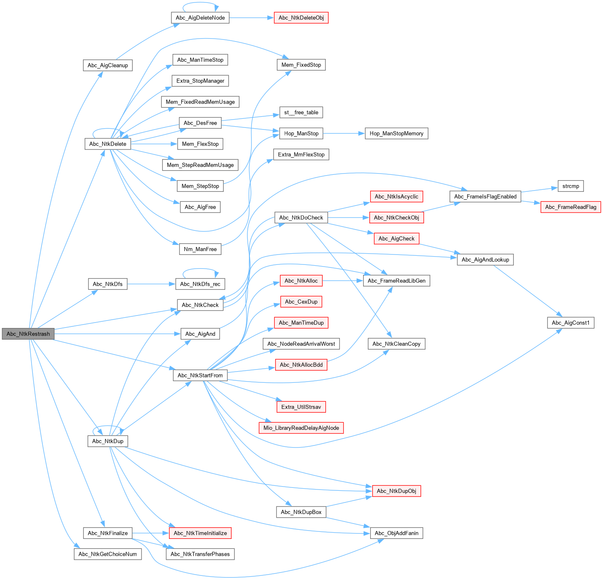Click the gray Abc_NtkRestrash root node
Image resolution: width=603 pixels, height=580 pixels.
pyautogui.click(x=28, y=334)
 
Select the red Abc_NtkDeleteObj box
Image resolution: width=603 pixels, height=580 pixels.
pyautogui.click(x=301, y=18)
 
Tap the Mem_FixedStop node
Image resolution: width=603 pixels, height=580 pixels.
pyautogui.click(x=301, y=65)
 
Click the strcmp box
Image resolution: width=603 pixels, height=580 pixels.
pyautogui.click(x=571, y=186)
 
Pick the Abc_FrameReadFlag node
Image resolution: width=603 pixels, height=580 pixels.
pyautogui.click(x=571, y=207)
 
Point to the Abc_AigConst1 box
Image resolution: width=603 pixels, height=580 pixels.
pyautogui.click(x=571, y=323)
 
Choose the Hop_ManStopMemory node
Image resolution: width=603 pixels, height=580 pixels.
pyautogui.click(x=396, y=133)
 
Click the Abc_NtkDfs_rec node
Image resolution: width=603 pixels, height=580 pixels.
pyautogui.click(x=200, y=284)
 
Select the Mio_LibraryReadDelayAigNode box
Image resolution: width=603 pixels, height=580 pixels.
pyautogui.click(x=301, y=428)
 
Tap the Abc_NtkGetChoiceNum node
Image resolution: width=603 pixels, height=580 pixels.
pyautogui.click(x=107, y=554)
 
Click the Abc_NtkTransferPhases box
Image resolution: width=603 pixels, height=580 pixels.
pyautogui.click(x=200, y=554)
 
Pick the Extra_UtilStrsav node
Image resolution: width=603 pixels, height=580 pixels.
pyautogui.click(x=301, y=407)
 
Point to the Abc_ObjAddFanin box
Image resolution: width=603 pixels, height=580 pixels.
pyautogui.click(x=396, y=533)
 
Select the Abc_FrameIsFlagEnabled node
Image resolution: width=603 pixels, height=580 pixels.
pyautogui.click(x=485, y=196)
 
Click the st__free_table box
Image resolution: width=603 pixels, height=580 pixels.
pyautogui.click(x=301, y=112)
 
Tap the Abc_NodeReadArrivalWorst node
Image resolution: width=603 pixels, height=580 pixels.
pyautogui.click(x=301, y=344)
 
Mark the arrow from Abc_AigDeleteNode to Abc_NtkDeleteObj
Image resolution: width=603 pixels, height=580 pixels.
pyautogui.click(x=251, y=18)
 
